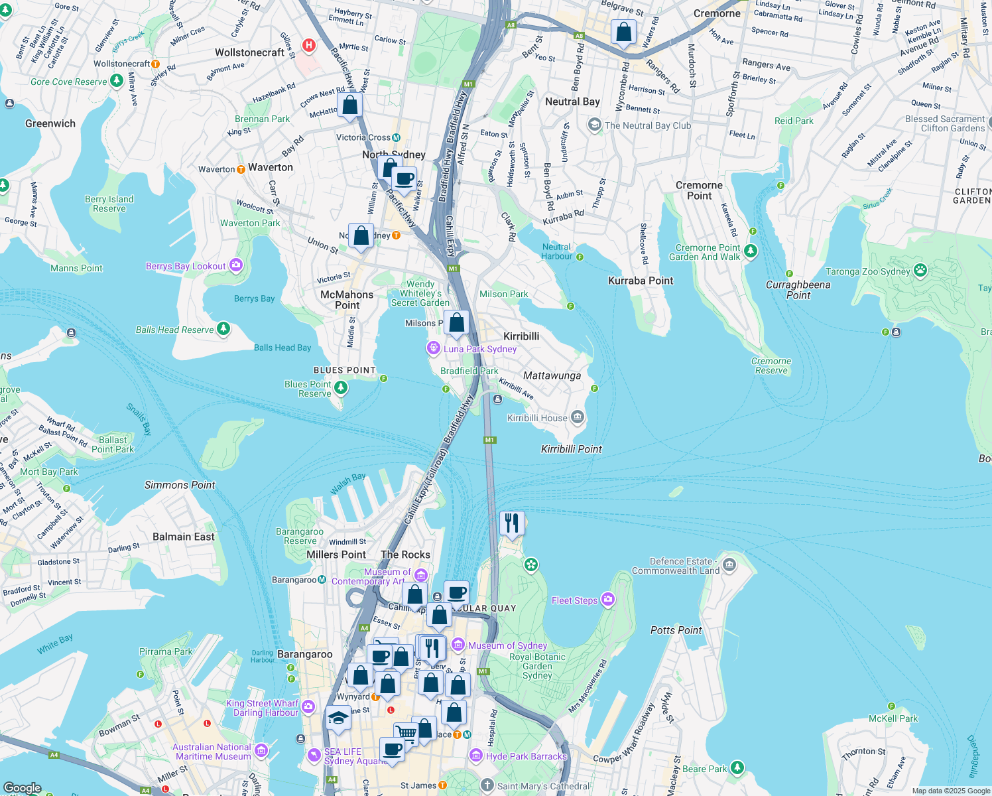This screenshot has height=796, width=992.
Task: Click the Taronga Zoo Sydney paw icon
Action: (920, 271)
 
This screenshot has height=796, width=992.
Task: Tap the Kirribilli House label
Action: (537, 418)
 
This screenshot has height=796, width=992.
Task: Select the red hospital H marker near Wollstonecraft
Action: (308, 45)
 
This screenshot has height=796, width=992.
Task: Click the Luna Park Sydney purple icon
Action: (433, 348)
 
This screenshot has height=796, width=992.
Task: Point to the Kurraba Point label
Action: (641, 281)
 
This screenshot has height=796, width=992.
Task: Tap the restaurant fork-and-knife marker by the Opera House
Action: (511, 523)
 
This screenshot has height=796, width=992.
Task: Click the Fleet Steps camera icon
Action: (608, 600)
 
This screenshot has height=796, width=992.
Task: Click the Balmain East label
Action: (184, 537)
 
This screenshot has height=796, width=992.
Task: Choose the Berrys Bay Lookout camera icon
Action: (236, 266)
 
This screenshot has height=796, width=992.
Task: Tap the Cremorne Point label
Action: (699, 190)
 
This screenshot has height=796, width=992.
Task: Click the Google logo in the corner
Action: (22, 788)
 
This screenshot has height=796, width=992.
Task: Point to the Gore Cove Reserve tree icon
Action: (117, 81)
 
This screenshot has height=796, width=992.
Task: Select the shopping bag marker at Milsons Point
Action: (456, 323)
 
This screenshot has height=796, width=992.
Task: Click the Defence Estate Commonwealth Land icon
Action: (729, 565)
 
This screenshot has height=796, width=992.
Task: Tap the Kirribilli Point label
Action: (571, 449)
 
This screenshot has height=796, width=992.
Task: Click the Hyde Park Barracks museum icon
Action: (475, 756)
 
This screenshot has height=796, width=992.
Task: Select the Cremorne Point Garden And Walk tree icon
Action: (751, 251)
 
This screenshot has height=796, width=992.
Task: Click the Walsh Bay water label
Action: (347, 484)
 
